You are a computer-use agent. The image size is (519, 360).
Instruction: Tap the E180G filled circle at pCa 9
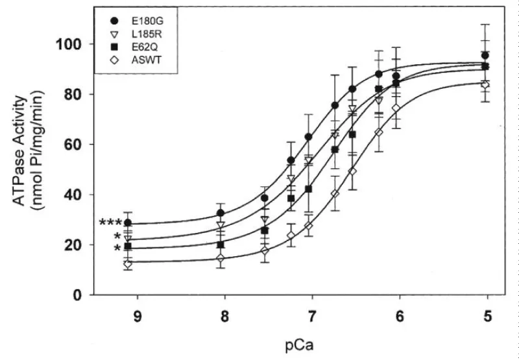tap(128, 223)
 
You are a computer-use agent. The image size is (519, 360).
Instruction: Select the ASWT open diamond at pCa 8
tap(221, 258)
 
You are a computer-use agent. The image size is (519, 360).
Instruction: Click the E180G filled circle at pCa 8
tap(221, 213)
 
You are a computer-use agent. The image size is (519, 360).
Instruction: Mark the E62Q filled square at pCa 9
tap(128, 246)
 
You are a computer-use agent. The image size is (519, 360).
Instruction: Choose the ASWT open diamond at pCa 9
tap(128, 264)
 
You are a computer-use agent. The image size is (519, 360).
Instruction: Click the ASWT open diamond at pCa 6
tap(395, 108)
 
